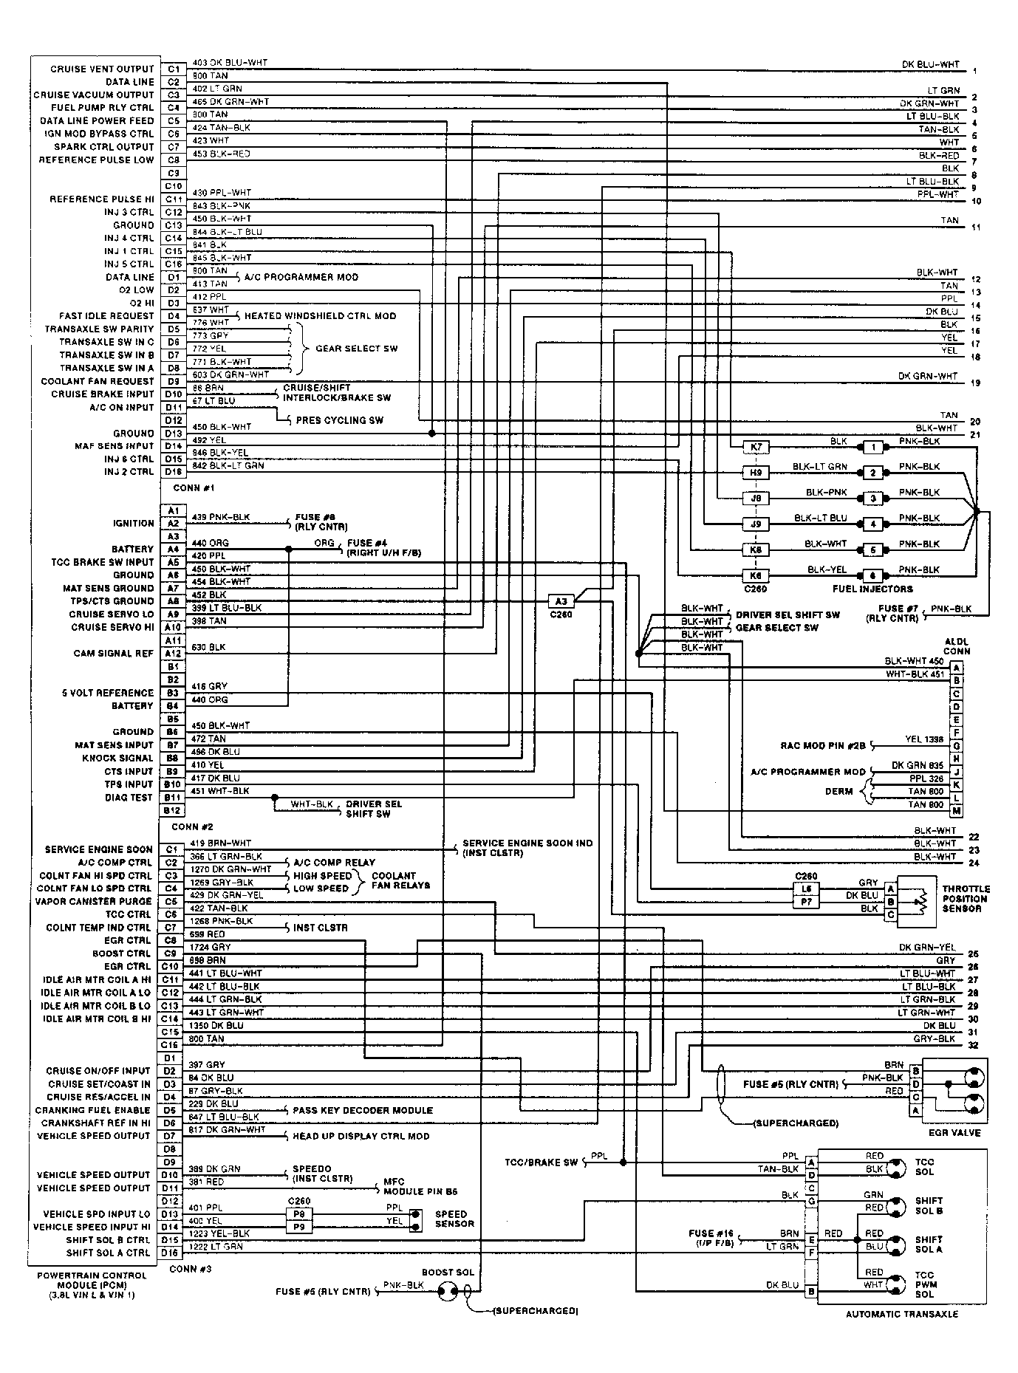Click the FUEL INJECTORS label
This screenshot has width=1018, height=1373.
coord(872,589)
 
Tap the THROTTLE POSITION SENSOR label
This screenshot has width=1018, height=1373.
coord(964,899)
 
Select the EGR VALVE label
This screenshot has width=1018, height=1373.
coord(954,1132)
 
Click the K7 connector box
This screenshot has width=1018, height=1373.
coord(755,447)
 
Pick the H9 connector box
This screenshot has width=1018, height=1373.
coord(755,473)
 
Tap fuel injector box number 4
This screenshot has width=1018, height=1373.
coord(872,524)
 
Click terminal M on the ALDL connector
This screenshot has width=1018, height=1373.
coord(957,811)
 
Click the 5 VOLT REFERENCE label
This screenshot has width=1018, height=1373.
coord(108,693)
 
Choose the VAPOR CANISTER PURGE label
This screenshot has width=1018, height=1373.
coord(93,901)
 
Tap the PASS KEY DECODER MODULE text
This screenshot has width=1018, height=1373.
coord(363,1110)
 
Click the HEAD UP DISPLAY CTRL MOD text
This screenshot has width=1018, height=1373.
coord(361,1136)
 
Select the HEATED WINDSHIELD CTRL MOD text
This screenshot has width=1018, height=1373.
coord(320,315)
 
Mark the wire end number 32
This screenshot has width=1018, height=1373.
coord(973,1045)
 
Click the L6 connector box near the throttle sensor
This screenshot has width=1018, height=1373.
coord(807,889)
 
